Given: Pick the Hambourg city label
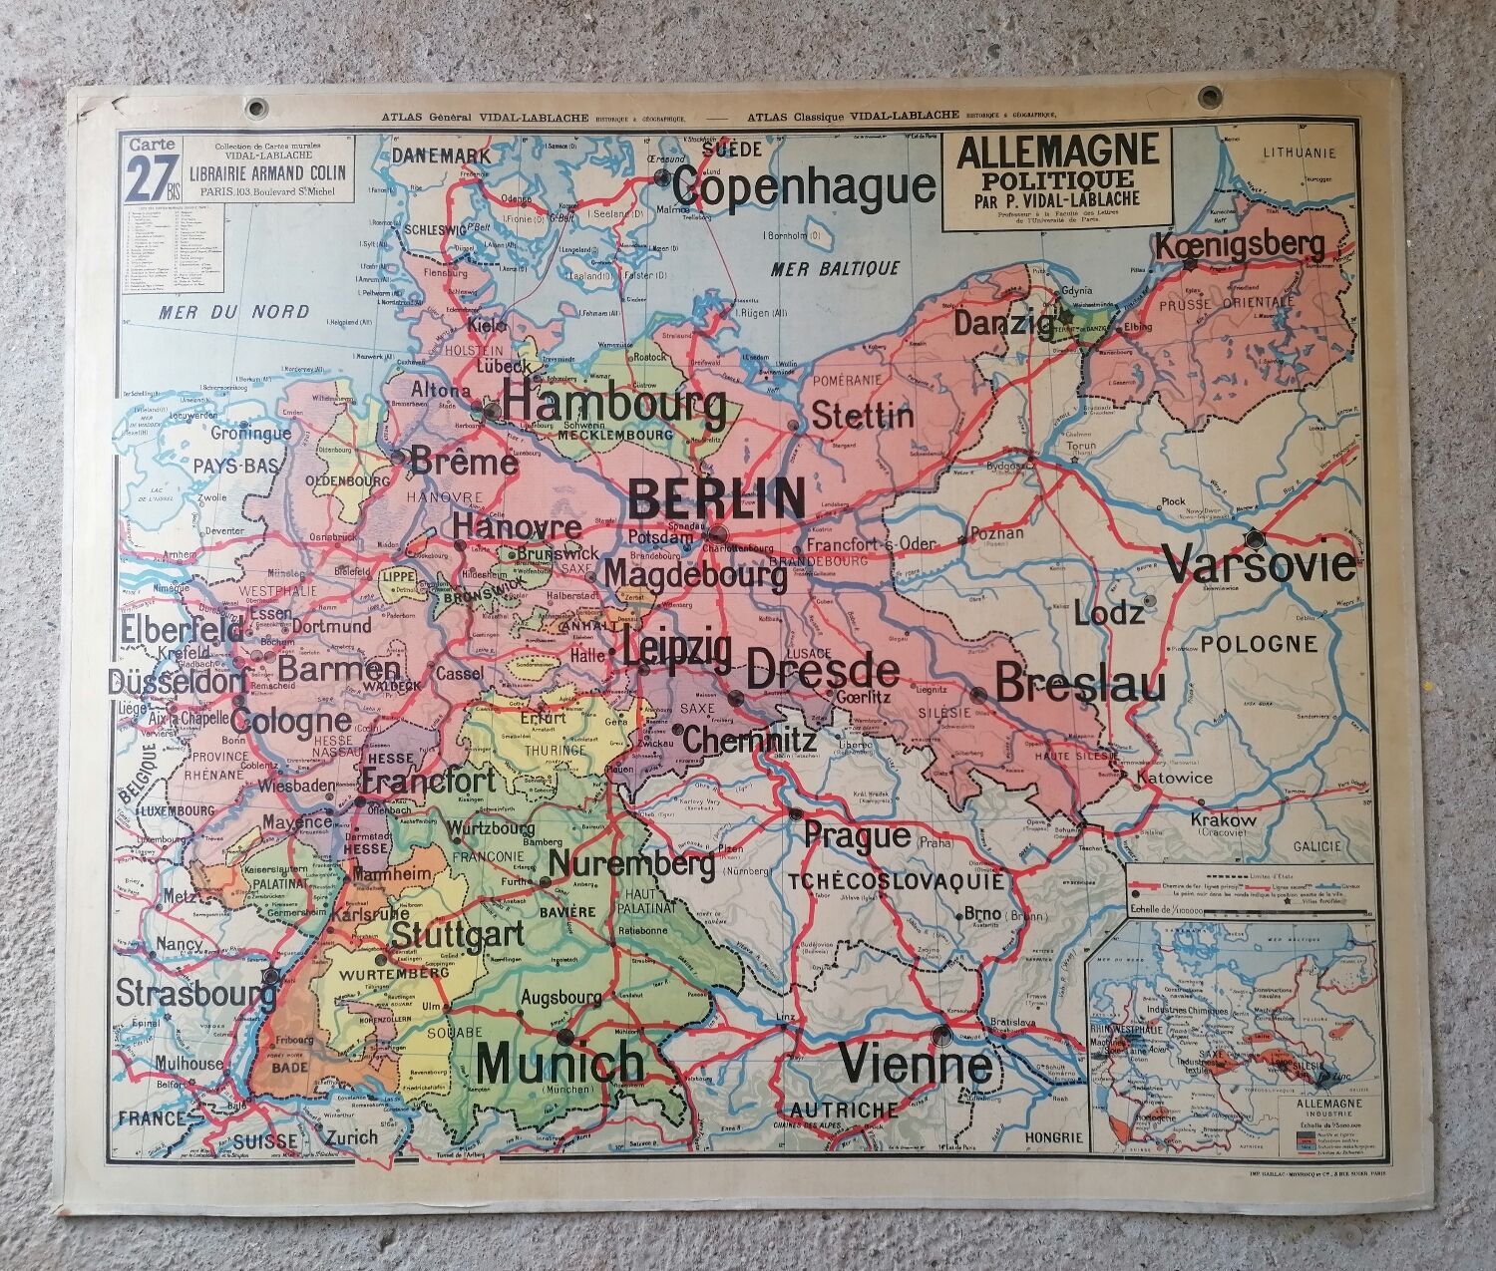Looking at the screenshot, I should coord(615,406).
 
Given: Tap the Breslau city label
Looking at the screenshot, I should coord(1080,685).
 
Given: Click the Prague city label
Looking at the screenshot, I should coord(857,835).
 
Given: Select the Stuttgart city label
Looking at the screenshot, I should coord(457,935).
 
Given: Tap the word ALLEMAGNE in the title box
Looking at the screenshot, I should coord(1057,152).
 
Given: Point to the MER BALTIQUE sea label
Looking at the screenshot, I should coord(835,268).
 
